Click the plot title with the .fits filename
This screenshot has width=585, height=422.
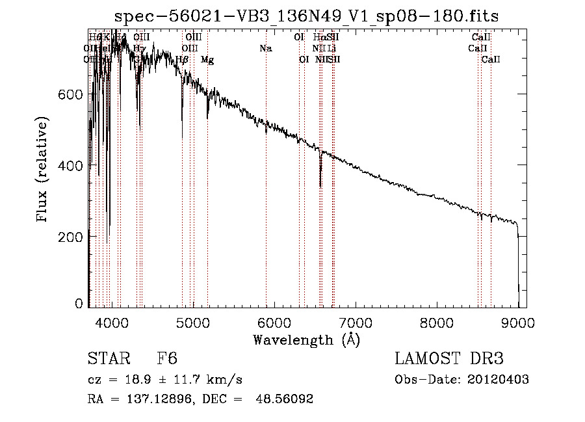click(x=306, y=16)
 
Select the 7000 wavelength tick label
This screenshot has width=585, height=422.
click(x=356, y=321)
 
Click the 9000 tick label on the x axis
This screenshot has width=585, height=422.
click(x=518, y=321)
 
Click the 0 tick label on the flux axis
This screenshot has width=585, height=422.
click(x=79, y=304)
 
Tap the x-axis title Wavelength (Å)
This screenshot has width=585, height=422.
click(x=306, y=339)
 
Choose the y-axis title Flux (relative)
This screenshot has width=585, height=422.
click(x=44, y=171)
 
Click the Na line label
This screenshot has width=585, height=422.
click(x=265, y=48)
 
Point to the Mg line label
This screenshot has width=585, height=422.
click(x=207, y=60)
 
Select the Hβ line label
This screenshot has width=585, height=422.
click(x=183, y=60)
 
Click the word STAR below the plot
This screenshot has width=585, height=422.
click(x=108, y=359)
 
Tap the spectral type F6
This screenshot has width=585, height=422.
click(x=167, y=359)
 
